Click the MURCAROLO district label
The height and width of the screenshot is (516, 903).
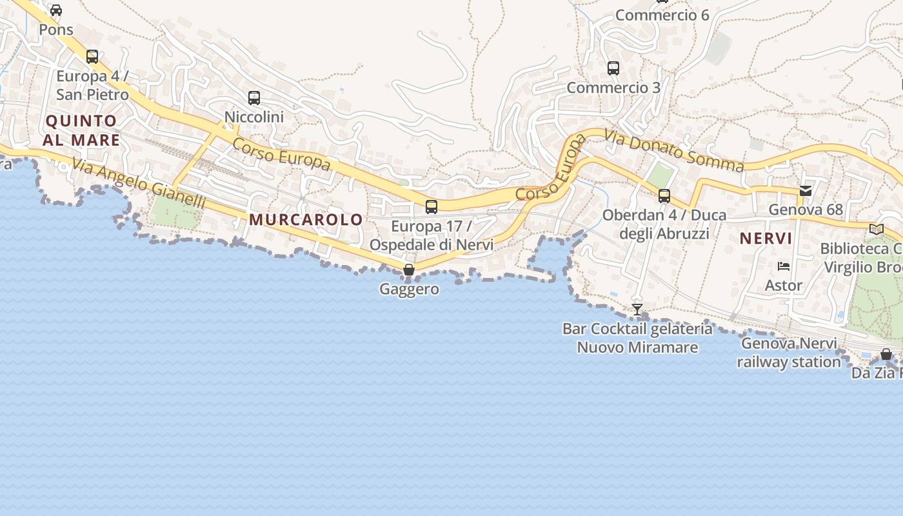pos(306,219)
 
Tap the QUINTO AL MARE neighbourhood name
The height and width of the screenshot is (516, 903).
pos(81,130)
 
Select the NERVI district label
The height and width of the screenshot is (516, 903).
pos(766,239)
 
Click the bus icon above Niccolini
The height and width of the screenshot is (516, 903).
pos(254,98)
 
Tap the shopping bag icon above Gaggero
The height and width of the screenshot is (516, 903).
pos(409,270)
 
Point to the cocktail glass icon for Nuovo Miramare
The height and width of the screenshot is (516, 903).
pos(637,310)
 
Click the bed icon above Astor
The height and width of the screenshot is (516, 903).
pos(784,266)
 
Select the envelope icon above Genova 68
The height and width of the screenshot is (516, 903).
pos(806,190)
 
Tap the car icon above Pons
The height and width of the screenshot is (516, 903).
pos(56,10)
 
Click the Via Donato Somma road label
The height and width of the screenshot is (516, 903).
pos(674,150)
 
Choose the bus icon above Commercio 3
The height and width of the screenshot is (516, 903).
pos(613,68)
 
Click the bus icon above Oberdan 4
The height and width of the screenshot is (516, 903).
pos(664,196)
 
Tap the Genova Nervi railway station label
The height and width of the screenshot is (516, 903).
pos(789,353)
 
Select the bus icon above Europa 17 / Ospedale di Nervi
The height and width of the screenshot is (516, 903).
pos(432,207)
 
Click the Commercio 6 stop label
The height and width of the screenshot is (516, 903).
pos(662,15)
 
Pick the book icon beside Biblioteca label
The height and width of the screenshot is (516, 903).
pos(876,229)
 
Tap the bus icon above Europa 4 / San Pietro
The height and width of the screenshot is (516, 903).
pos(92,57)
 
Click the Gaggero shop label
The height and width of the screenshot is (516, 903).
pos(409,289)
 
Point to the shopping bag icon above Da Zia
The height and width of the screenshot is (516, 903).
pos(886,354)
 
